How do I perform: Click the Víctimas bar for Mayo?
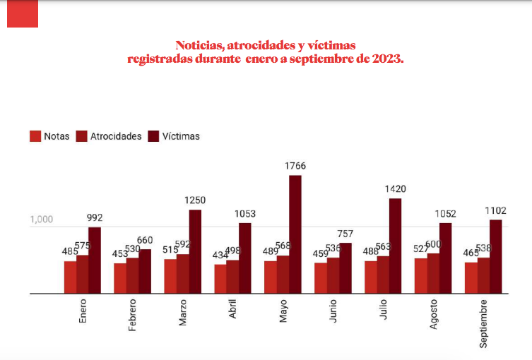pyautogui.click(x=295, y=234)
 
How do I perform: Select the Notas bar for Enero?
pyautogui.click(x=70, y=277)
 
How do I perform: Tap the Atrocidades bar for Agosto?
pyautogui.click(x=433, y=273)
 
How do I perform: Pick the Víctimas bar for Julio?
pyautogui.click(x=395, y=246)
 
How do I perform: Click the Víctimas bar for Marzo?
pyautogui.click(x=195, y=251)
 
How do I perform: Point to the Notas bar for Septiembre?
pyautogui.click(x=471, y=277)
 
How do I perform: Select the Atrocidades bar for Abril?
pyautogui.click(x=232, y=276)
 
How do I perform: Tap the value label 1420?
pyautogui.click(x=395, y=188)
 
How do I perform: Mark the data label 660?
pyautogui.click(x=144, y=240)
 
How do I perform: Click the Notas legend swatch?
pyautogui.click(x=35, y=136)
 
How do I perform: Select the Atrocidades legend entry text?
pyautogui.click(x=116, y=136)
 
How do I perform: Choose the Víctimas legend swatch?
pyautogui.click(x=153, y=136)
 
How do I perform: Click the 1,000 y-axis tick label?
pyautogui.click(x=42, y=220)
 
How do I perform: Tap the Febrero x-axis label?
pyautogui.click(x=132, y=316)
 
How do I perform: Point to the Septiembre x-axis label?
pyautogui.click(x=483, y=323)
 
